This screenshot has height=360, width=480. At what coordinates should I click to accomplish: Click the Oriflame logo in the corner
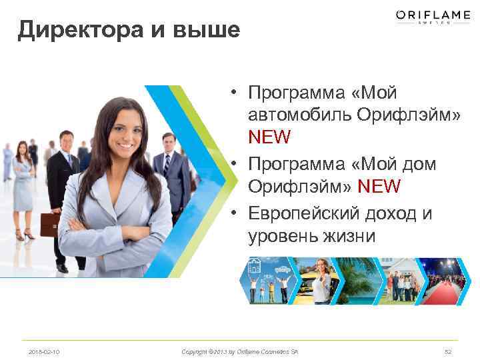coord(433,17)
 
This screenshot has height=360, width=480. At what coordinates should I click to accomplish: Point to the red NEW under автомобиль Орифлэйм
coord(269,138)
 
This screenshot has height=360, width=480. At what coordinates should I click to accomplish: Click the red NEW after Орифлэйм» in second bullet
coord(379,187)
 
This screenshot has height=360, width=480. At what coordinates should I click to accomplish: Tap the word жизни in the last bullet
coord(347,237)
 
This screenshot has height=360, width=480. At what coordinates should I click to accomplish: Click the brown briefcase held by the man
coord(49,225)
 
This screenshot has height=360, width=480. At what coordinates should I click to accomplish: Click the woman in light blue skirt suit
coord(24,187)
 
